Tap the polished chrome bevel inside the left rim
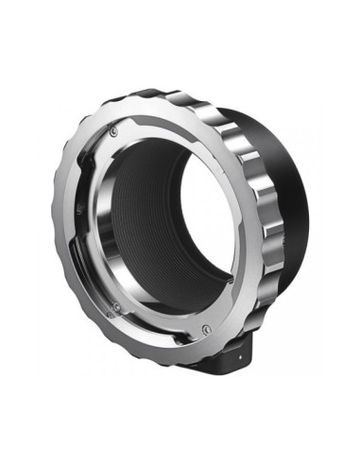(x=102, y=227)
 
